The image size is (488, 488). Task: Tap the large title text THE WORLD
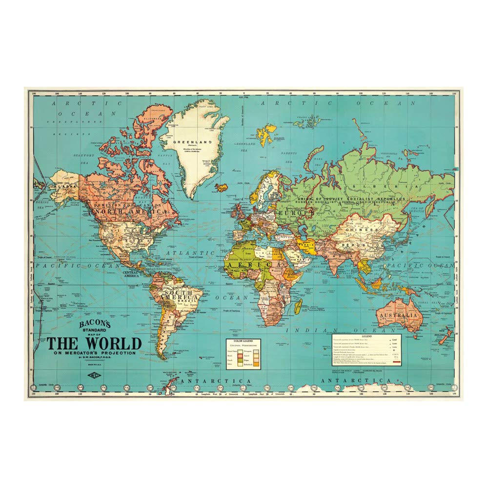tap(94, 343)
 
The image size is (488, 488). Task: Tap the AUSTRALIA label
tap(400, 315)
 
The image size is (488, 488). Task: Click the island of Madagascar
tap(298, 306)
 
